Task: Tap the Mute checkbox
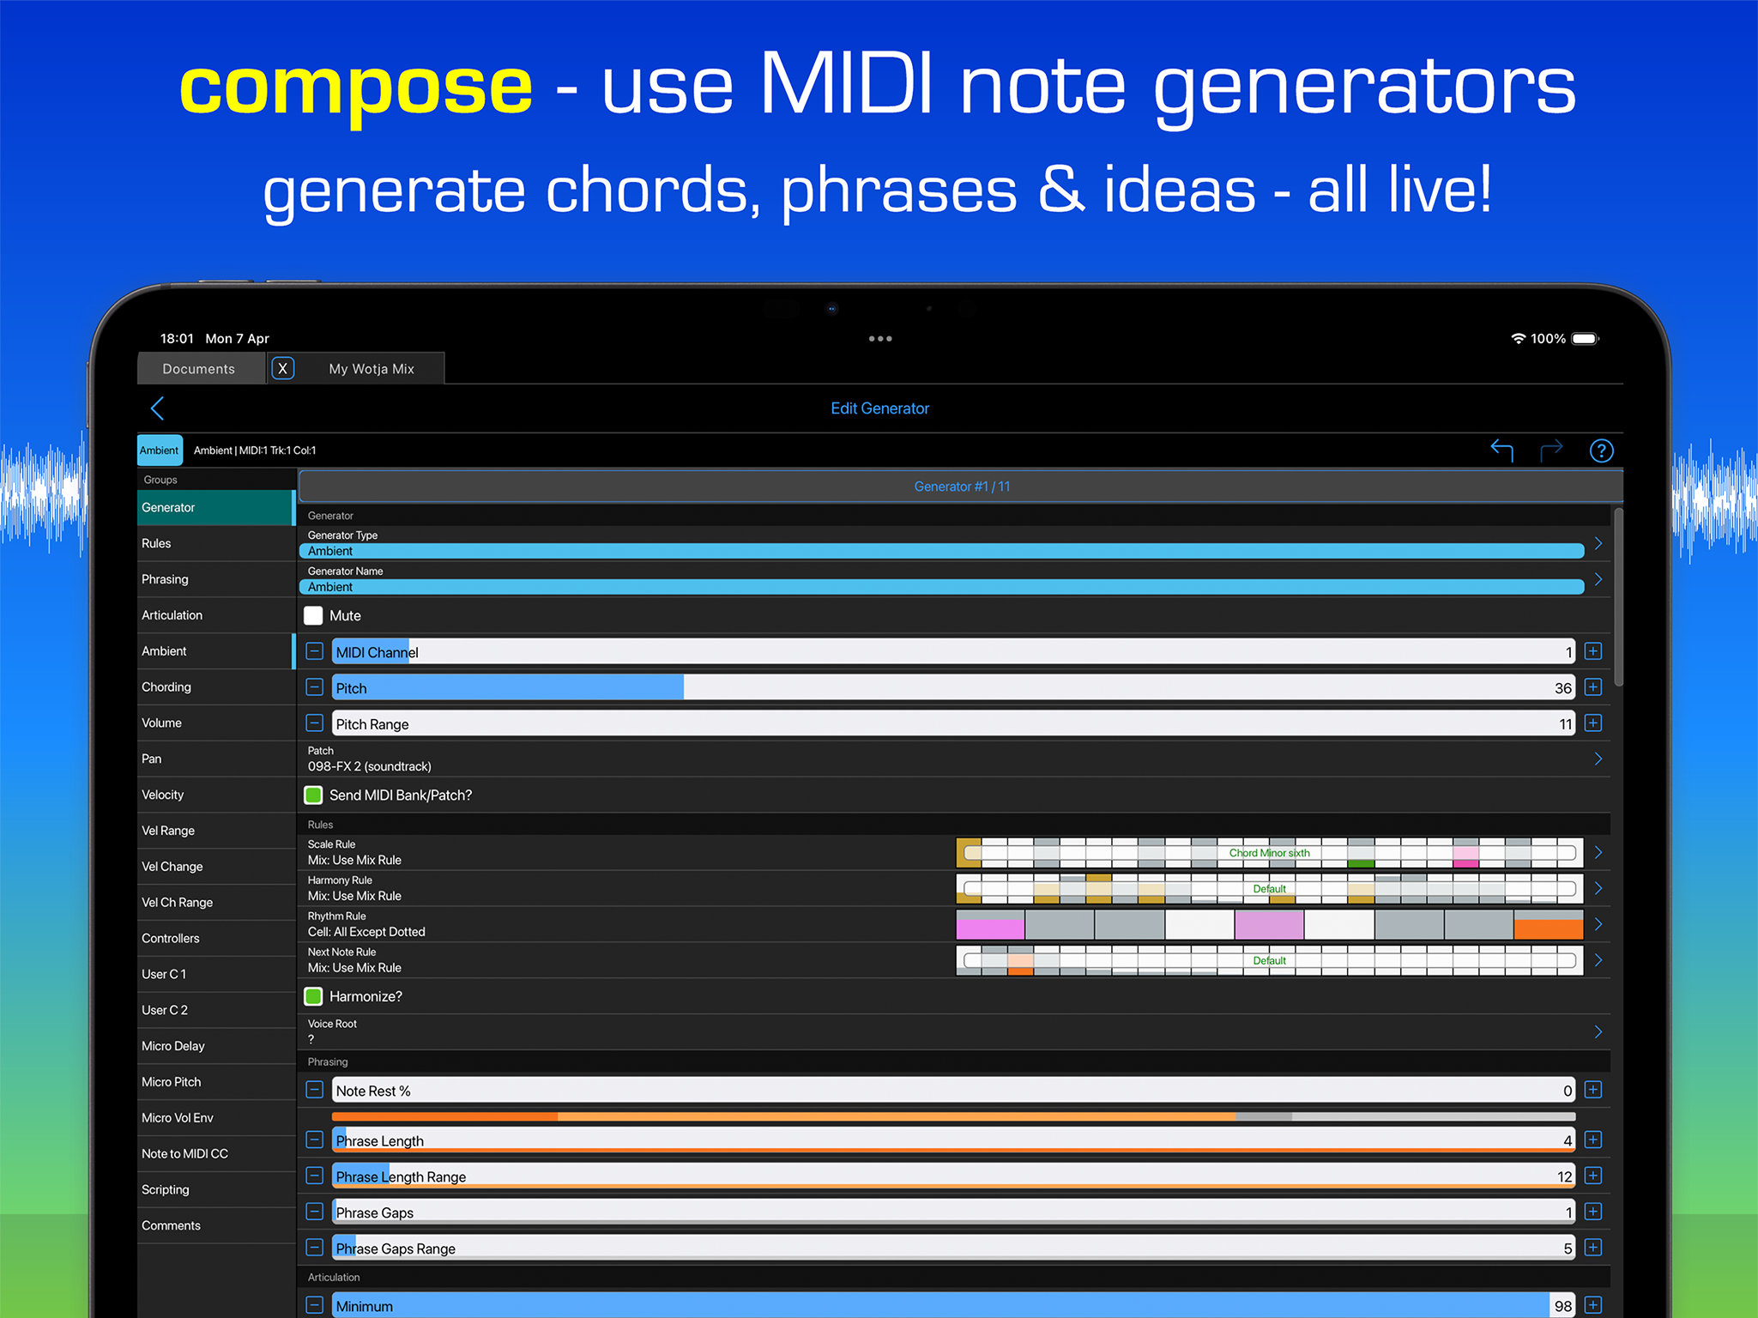(x=313, y=615)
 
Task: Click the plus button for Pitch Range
(x=1593, y=723)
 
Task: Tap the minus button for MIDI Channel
(x=315, y=651)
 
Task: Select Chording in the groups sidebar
(x=166, y=686)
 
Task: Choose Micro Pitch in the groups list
(x=172, y=1081)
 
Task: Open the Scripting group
(x=166, y=1189)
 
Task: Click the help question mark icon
(x=1601, y=450)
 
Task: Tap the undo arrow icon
(x=1501, y=450)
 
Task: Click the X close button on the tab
(x=283, y=368)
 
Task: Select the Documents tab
(x=199, y=369)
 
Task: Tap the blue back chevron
(x=157, y=408)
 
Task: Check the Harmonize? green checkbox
(x=313, y=996)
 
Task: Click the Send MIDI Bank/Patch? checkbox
(x=313, y=795)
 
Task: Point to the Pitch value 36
(x=1563, y=688)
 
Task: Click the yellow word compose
(x=356, y=88)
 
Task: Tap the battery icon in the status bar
(x=1586, y=339)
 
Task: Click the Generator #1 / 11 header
(x=962, y=487)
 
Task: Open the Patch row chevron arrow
(x=1598, y=759)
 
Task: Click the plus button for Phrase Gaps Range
(x=1593, y=1248)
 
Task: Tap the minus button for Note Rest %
(x=315, y=1090)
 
